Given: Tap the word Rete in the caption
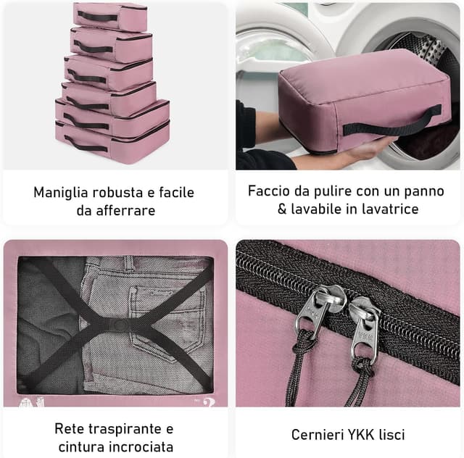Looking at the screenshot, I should pos(70,428).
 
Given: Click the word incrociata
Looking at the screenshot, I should pos(133,447).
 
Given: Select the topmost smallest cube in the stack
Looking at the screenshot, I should pos(109,16).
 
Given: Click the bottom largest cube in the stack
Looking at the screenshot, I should pos(112,141).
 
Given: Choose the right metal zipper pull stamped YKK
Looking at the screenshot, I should pos(364,330).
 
